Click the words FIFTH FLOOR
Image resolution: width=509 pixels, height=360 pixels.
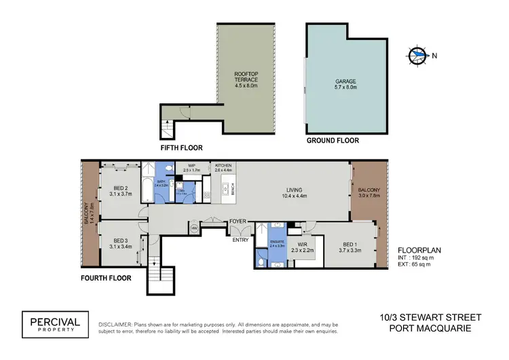point(181,147)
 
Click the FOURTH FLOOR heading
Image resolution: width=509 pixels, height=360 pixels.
point(106,278)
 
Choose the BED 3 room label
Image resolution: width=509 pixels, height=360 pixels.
point(120,240)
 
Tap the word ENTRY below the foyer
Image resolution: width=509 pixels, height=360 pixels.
point(240,240)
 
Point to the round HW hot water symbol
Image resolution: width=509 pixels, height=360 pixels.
point(194,229)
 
